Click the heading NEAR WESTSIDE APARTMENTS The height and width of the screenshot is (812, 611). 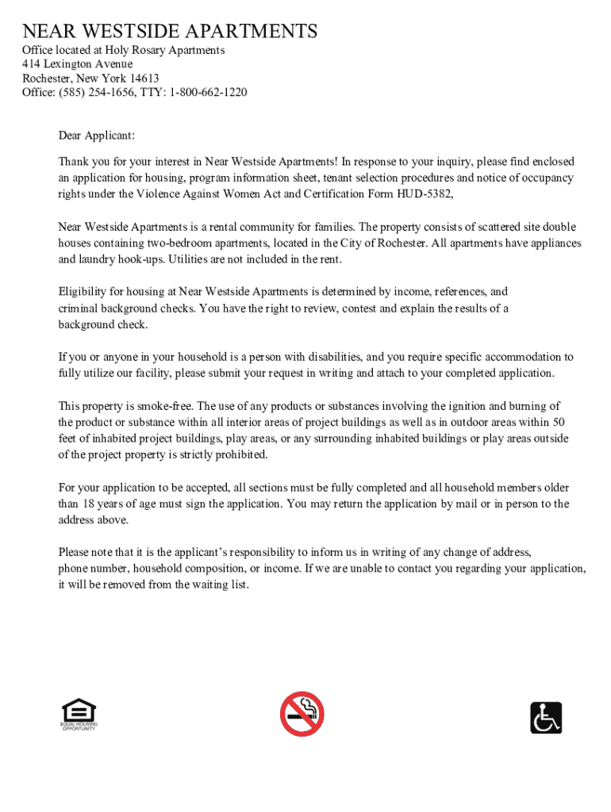[170, 32]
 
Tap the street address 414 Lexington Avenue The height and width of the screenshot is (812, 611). [77, 64]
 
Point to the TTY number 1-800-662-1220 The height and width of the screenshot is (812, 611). [207, 93]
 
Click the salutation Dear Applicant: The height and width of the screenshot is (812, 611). [97, 136]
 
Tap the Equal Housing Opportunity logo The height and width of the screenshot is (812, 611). [78, 714]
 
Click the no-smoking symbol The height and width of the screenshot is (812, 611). [302, 714]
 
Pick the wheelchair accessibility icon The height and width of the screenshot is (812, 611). [546, 718]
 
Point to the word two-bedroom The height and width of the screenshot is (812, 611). [177, 243]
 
